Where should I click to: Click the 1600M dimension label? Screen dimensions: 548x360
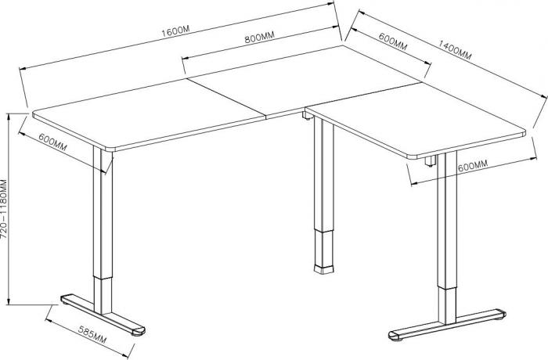click(175, 31)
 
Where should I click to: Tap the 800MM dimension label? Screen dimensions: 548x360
click(259, 37)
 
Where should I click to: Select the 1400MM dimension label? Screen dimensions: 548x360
click(455, 50)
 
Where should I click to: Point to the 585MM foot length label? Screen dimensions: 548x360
click(92, 334)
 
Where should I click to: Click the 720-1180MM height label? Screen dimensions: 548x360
click(4, 209)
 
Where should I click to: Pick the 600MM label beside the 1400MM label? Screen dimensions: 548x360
click(393, 41)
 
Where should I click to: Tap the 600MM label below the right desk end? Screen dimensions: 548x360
click(473, 166)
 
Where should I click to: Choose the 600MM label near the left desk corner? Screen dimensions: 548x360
click(52, 142)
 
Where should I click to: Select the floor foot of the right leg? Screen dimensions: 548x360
click(447, 325)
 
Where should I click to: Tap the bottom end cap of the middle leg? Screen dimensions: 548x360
click(323, 269)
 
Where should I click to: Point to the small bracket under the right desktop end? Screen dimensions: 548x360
click(431, 160)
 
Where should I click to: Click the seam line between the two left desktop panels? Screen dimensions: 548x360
click(226, 98)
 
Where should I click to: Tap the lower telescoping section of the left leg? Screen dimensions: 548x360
click(103, 295)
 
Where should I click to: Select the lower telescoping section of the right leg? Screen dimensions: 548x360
click(447, 306)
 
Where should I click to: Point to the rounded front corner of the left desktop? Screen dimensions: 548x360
click(108, 149)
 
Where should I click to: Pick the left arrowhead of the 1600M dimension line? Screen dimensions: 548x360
click(23, 69)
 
